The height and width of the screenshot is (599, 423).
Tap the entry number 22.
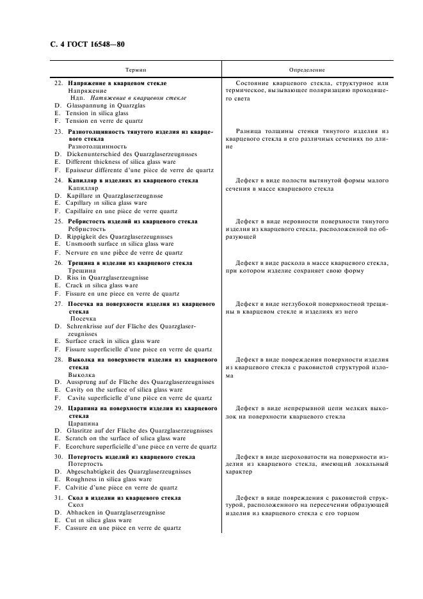tap(58, 83)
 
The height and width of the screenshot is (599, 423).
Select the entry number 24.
tap(58, 180)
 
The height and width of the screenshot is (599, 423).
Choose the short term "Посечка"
tap(83, 318)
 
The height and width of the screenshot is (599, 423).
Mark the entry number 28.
tap(58, 360)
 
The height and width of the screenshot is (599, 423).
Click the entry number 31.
tap(58, 498)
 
